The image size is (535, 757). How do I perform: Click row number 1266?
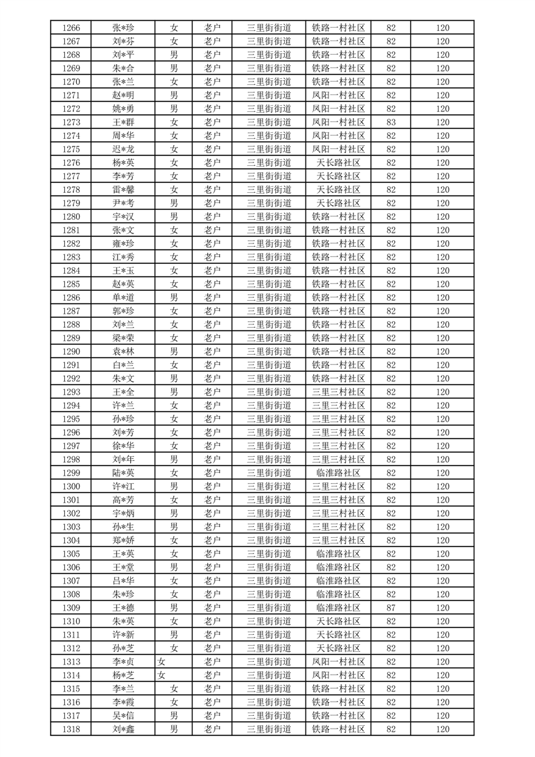tap(71, 28)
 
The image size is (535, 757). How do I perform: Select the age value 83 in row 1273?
tap(391, 122)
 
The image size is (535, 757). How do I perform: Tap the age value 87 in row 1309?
tap(391, 608)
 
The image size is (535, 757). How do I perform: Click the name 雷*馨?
tap(123, 190)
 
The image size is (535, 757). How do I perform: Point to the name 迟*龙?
tap(123, 149)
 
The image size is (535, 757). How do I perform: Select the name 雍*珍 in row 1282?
tap(123, 244)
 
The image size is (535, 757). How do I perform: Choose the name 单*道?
tap(123, 298)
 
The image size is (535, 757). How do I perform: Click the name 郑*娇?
tap(123, 540)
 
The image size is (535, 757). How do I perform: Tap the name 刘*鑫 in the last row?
tap(123, 729)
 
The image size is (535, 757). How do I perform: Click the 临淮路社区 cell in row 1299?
tap(339, 473)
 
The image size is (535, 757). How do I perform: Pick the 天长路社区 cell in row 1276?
tap(339, 163)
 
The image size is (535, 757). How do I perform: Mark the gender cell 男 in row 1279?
tap(174, 203)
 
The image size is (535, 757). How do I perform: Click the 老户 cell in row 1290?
tap(213, 352)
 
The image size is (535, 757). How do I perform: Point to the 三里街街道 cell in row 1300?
tap(269, 486)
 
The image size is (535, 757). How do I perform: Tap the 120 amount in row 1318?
tap(443, 729)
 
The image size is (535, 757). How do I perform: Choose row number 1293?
tap(71, 392)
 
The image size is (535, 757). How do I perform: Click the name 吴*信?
tap(123, 716)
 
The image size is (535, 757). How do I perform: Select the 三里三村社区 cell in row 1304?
tap(339, 540)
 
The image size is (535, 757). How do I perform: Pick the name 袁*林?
tap(123, 352)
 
